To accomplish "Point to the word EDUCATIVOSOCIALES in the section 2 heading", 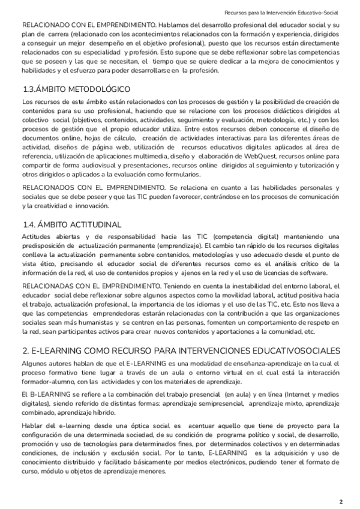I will [288, 351].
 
